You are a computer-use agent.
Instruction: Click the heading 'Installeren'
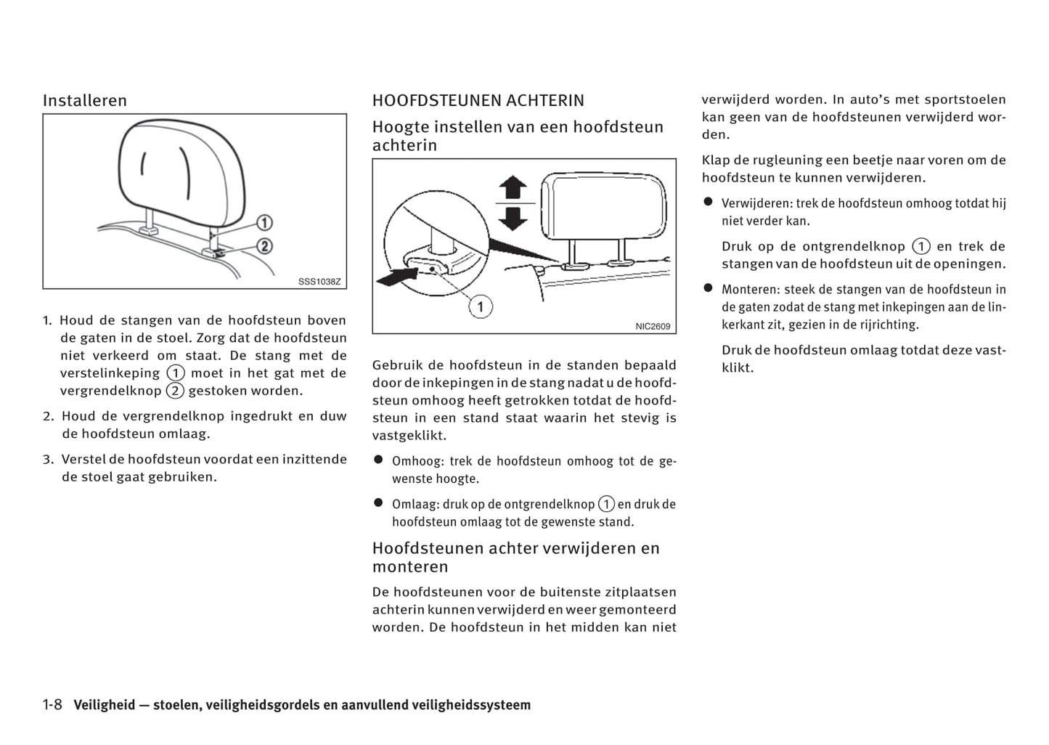pos(84,101)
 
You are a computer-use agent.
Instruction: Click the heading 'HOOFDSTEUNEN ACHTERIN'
pos(478,101)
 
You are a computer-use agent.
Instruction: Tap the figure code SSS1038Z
pos(319,282)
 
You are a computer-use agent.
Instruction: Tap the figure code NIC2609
pos(653,327)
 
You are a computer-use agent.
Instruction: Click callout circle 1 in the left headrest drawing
pos(264,223)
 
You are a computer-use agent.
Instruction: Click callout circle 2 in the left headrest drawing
pos(264,246)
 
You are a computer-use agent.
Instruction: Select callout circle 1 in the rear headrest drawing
pos(480,306)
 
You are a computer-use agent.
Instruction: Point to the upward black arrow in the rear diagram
pos(513,187)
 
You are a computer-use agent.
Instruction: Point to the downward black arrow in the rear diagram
pos(513,218)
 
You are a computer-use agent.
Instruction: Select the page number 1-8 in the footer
pos(53,705)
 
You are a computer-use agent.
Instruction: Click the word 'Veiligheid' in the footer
pos(105,705)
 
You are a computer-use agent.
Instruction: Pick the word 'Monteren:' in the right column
pos(750,290)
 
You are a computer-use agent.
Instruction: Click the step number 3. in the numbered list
pos(48,460)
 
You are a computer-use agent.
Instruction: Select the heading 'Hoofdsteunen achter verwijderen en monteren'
pos(515,558)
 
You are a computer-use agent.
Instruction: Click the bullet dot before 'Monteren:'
pos(708,288)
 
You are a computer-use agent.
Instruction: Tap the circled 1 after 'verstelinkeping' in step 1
pos(175,373)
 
